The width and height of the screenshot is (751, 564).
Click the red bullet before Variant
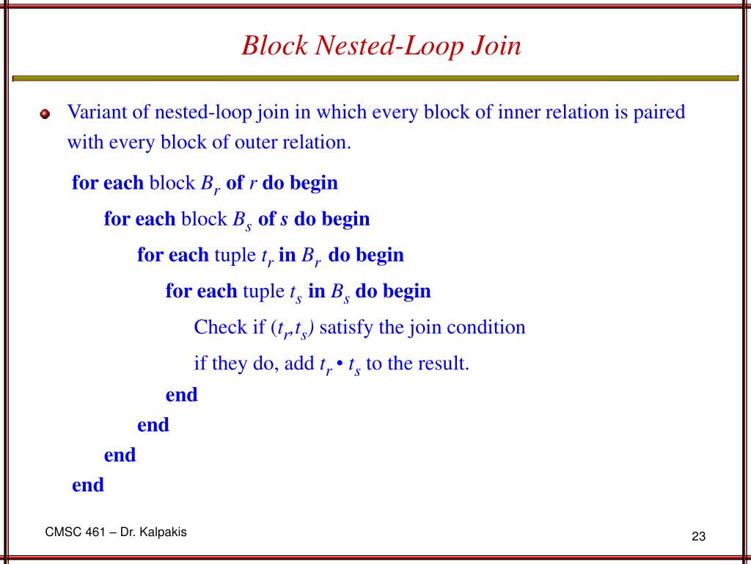45,115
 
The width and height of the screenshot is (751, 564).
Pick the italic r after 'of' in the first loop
253,184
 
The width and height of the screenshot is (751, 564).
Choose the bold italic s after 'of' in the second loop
285,220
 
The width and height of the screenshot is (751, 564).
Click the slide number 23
697,537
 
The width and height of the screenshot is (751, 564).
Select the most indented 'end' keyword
182,395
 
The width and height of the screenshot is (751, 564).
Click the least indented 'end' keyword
88,485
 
